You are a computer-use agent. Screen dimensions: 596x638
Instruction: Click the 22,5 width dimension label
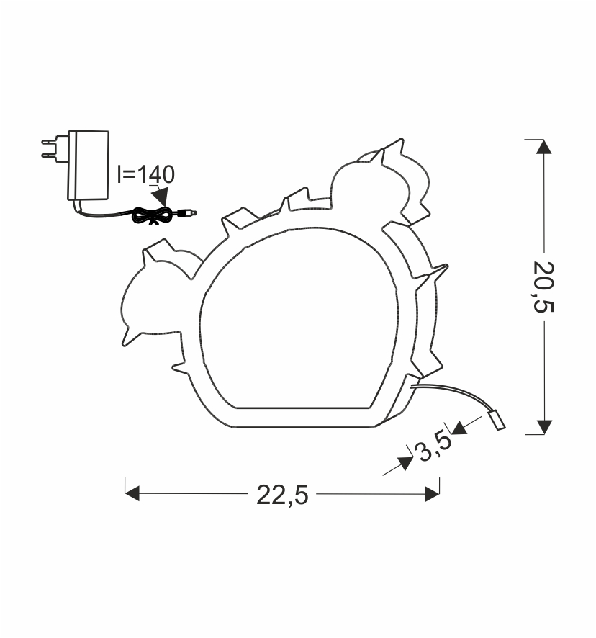282,495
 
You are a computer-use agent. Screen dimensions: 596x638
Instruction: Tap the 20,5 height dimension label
543,287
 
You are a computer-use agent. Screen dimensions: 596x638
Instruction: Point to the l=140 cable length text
146,174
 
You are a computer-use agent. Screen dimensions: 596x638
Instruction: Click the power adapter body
89,165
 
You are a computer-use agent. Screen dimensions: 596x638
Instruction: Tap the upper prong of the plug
50,142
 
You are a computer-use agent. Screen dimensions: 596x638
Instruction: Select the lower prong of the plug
50,156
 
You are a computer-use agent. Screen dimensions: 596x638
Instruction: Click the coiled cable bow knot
153,215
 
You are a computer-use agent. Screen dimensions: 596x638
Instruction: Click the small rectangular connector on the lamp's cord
497,421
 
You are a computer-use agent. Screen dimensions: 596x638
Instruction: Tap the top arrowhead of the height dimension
543,147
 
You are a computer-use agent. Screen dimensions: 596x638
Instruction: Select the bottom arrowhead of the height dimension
544,427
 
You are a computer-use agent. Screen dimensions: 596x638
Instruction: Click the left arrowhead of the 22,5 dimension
132,493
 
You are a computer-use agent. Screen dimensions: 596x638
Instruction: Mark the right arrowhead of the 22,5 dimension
432,493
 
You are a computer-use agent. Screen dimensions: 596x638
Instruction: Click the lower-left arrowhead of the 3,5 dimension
405,464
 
